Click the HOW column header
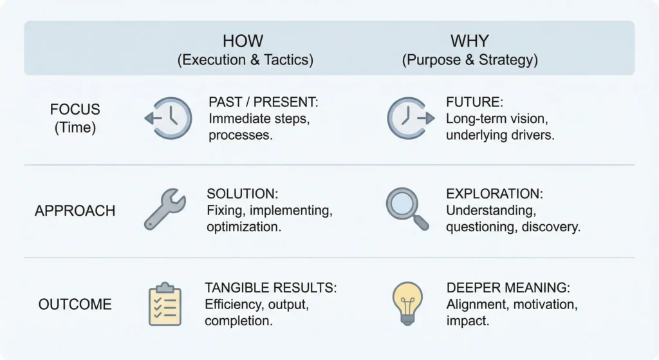[x=243, y=41]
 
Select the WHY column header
[x=470, y=41]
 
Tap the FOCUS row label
[x=75, y=109]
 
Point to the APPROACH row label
[x=75, y=211]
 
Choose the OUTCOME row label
[x=75, y=304]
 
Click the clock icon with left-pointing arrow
[x=169, y=118]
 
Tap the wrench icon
[x=165, y=209]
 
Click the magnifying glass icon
[x=407, y=209]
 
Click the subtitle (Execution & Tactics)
[x=245, y=61]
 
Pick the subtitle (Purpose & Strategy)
[x=470, y=61]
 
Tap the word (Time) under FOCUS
[x=75, y=128]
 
